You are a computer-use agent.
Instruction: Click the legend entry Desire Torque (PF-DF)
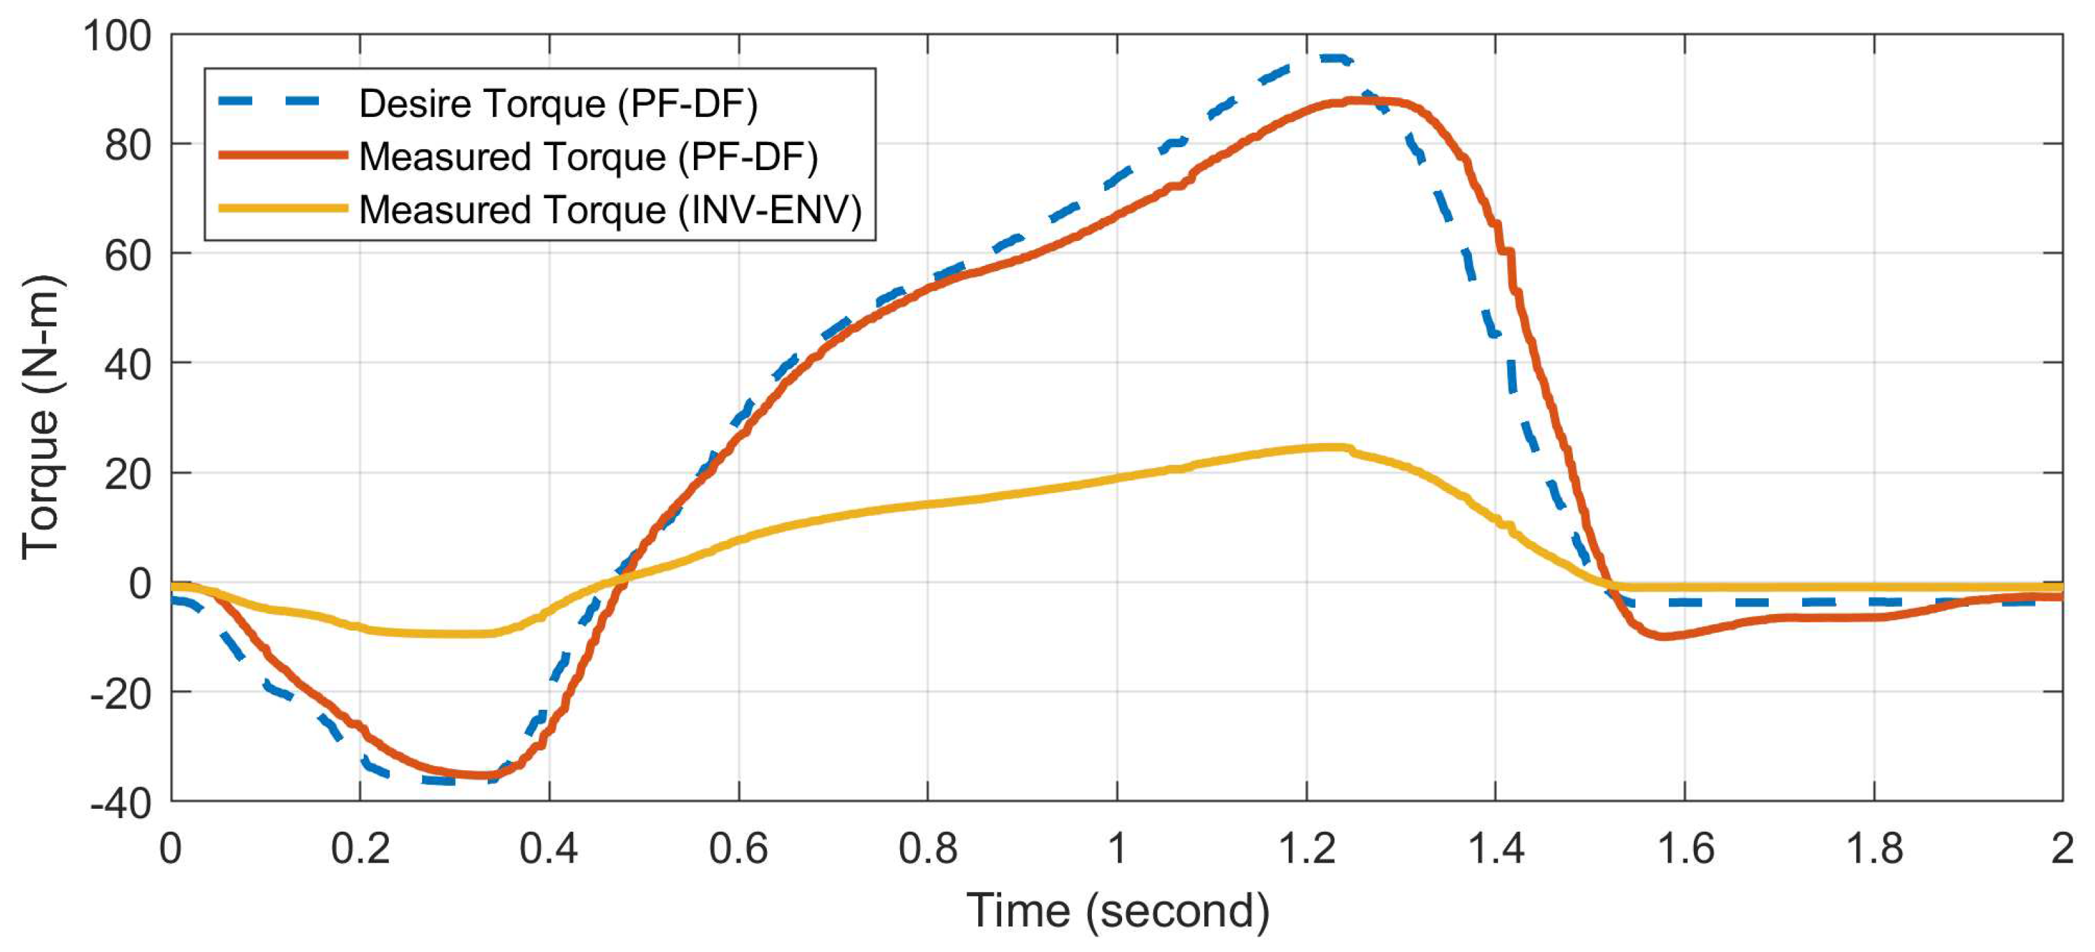pyautogui.click(x=558, y=103)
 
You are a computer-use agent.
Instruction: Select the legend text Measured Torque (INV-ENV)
pyautogui.click(x=610, y=209)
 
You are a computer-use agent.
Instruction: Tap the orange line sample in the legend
pyautogui.click(x=283, y=156)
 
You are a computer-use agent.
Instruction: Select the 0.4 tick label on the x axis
pyautogui.click(x=549, y=849)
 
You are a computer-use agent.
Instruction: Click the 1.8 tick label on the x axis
pyautogui.click(x=1874, y=849)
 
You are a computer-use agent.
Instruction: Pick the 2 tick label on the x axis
pyautogui.click(x=2062, y=849)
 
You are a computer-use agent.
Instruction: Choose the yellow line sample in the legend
pyautogui.click(x=283, y=209)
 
